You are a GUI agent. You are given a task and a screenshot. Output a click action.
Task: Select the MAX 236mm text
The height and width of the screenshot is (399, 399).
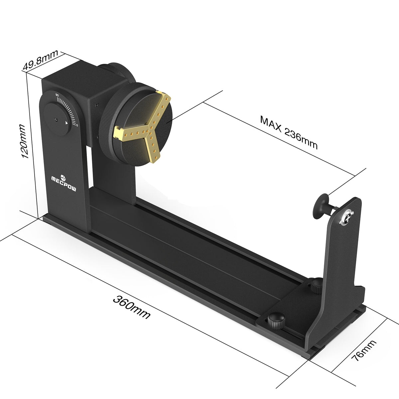289,132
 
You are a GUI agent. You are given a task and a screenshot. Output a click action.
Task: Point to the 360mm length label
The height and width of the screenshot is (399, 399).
132,307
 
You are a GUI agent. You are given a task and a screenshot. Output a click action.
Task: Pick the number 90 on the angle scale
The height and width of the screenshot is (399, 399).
57,95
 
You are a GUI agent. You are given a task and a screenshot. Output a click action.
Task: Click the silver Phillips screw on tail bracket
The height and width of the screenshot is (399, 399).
348,218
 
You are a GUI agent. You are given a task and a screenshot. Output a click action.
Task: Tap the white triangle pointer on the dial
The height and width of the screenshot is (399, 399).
66,123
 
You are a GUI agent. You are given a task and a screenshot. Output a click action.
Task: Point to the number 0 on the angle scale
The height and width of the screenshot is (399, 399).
77,125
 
